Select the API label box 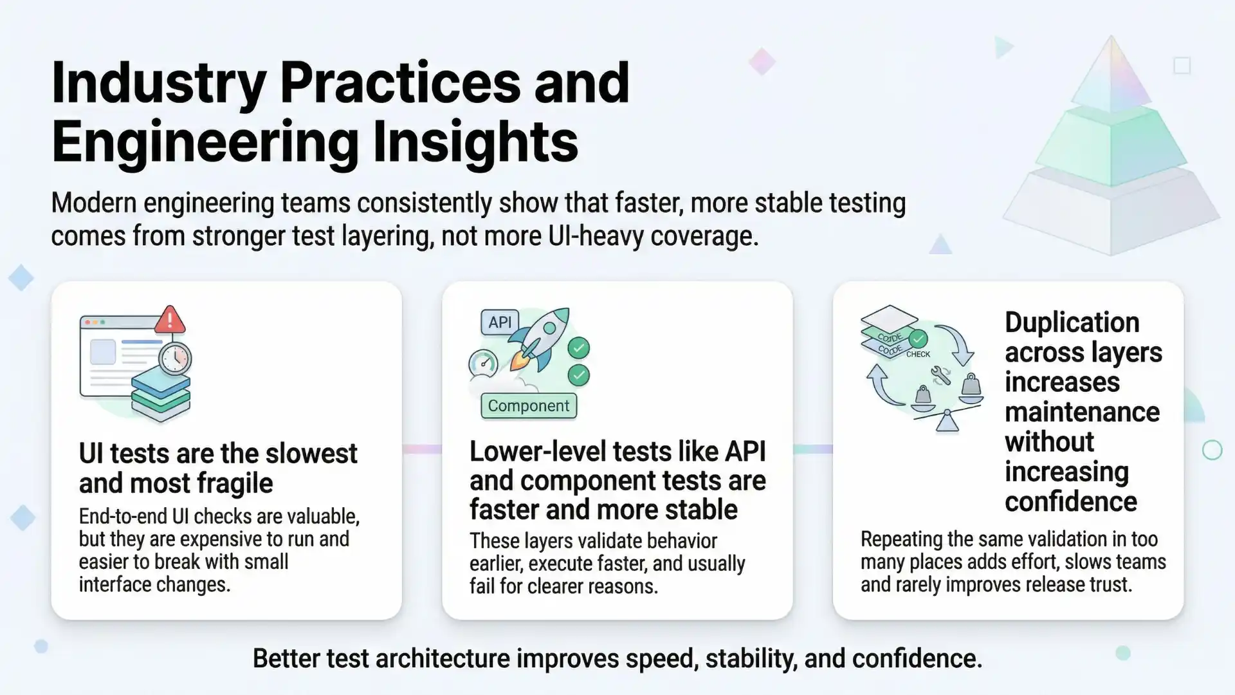[x=500, y=322]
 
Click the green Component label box [x=529, y=406]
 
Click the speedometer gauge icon [x=484, y=364]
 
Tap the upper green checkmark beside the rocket [x=578, y=348]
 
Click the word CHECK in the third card [x=918, y=354]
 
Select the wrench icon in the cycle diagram [x=940, y=376]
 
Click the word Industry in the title [x=158, y=84]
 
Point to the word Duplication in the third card [x=1072, y=322]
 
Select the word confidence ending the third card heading [x=1070, y=502]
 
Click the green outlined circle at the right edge [x=1212, y=450]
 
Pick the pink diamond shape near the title [x=762, y=62]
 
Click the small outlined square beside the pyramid [x=1182, y=66]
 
